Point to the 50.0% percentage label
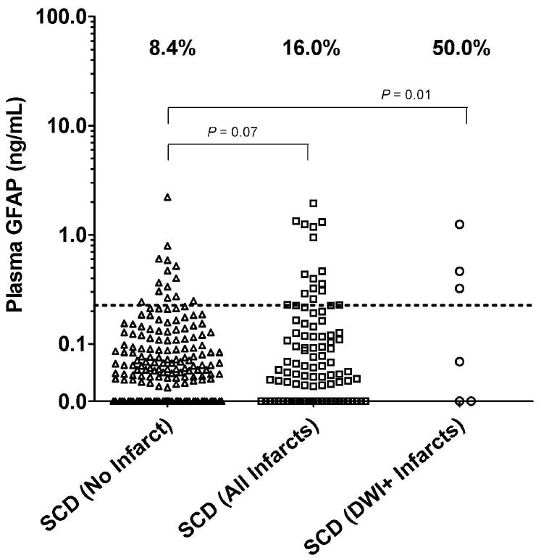point(461,50)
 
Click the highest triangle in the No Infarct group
point(167,197)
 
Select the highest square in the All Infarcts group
point(314,204)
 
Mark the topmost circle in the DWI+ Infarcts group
point(459,225)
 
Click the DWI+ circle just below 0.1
point(459,362)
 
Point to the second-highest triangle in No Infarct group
point(167,246)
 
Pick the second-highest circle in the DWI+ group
point(459,271)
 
